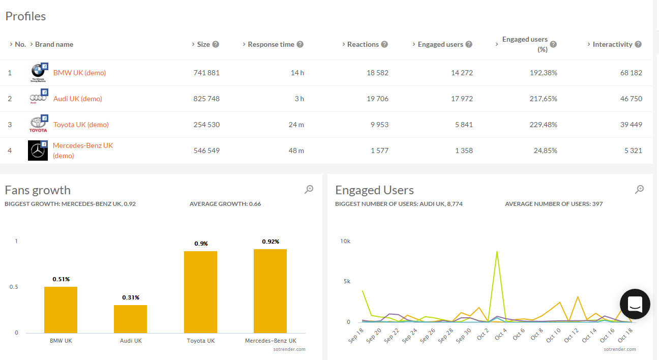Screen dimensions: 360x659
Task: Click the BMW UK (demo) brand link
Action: pos(79,73)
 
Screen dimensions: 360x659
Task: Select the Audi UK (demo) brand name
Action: pos(77,99)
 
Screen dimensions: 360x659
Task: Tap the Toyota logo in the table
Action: pos(38,124)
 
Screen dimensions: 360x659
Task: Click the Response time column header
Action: pos(271,44)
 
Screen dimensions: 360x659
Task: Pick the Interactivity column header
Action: pos(612,44)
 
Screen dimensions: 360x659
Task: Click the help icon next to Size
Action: pos(216,44)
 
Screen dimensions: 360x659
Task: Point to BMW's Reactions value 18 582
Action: pos(377,73)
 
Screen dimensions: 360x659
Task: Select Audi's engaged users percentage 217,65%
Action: pos(543,99)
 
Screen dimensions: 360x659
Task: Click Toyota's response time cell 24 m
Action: pos(296,125)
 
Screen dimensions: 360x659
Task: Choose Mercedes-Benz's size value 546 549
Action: pos(206,151)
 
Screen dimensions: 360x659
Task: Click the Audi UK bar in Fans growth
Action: pos(130,319)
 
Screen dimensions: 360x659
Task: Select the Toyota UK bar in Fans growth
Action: pos(200,292)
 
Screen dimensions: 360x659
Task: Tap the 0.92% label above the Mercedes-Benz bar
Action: pos(271,242)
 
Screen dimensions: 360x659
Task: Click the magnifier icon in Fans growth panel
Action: pos(309,190)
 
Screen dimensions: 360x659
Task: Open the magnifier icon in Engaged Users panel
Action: pos(640,190)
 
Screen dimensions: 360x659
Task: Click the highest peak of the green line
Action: pos(497,251)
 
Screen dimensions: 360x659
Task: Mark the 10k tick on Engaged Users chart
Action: pos(345,241)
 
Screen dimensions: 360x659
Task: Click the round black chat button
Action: pos(635,304)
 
